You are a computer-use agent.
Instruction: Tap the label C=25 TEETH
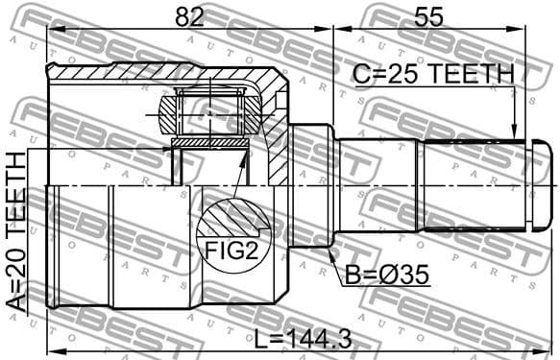click(433, 75)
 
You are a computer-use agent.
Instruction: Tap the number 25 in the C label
click(406, 75)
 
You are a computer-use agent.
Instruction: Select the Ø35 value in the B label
click(404, 276)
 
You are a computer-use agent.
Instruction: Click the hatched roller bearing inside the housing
click(209, 114)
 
